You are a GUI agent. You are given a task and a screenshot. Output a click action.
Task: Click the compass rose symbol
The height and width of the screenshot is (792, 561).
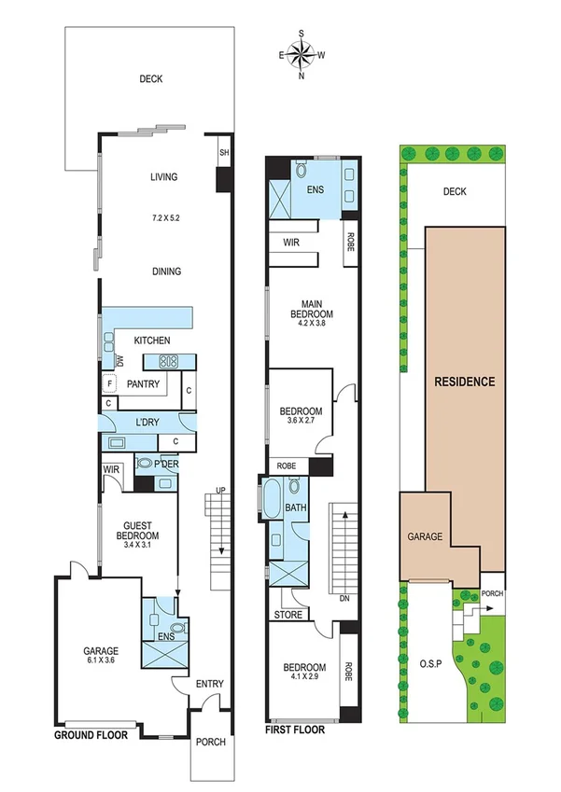[x=302, y=56]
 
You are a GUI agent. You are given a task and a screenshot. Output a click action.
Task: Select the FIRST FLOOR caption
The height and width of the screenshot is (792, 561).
[x=295, y=730]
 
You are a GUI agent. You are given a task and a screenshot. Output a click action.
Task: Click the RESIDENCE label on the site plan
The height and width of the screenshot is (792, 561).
[x=464, y=382]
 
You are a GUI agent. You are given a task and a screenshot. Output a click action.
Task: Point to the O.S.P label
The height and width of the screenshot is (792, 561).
[x=430, y=664]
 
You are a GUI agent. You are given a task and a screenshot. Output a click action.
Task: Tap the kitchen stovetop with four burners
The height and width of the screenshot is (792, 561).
[x=169, y=362]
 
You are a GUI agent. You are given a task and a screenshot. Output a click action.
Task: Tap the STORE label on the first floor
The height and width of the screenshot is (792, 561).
[x=288, y=615]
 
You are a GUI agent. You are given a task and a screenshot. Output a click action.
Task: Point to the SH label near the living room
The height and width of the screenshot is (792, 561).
[x=224, y=152]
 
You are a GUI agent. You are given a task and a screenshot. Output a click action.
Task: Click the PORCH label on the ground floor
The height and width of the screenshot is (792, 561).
[x=209, y=743]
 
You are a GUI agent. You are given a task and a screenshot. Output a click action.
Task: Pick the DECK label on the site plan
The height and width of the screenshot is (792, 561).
[x=454, y=191]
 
